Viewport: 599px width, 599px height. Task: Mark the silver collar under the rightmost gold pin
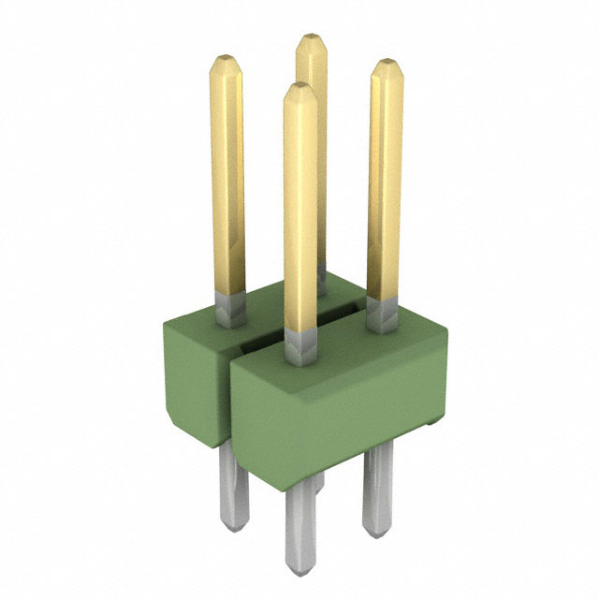pyautogui.click(x=381, y=315)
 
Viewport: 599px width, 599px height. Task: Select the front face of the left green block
pyautogui.click(x=193, y=374)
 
